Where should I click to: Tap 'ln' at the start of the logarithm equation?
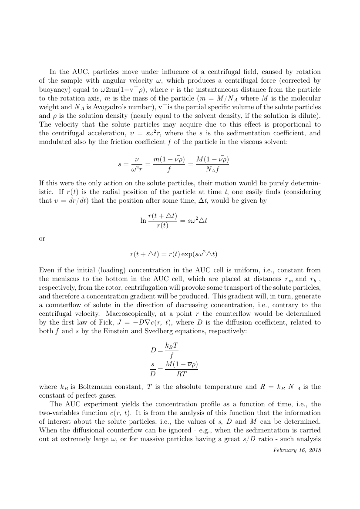point(143,221)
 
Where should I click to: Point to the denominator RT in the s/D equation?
point(181,373)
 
